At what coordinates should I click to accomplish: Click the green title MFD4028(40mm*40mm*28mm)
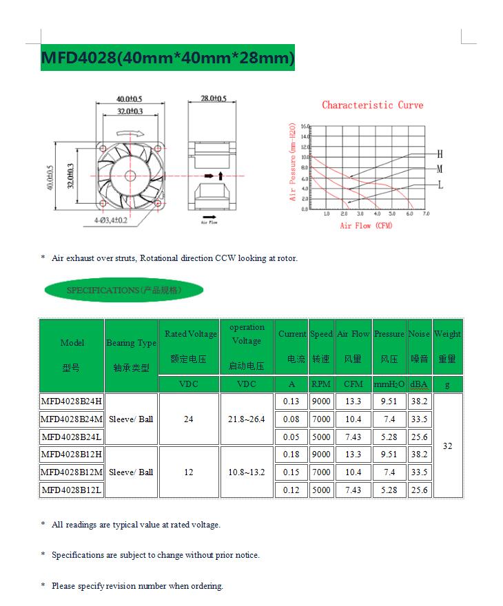tap(168, 58)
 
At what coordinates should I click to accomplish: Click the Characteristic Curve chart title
tap(372, 105)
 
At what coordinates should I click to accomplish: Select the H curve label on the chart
tap(440, 154)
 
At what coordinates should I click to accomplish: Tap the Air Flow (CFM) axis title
tap(366, 226)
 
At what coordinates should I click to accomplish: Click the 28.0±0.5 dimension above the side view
tap(214, 99)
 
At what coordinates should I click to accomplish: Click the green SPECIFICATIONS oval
tap(123, 291)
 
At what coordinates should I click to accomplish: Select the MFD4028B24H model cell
tap(72, 401)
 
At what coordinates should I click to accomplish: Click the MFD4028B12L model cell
tap(72, 490)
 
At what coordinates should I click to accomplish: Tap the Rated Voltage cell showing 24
tap(189, 419)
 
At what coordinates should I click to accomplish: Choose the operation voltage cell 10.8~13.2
tap(247, 472)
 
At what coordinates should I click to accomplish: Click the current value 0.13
tap(291, 401)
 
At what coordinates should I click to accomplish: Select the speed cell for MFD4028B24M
tap(321, 419)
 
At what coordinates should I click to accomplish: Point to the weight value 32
tap(448, 446)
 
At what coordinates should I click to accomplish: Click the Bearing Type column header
tap(131, 343)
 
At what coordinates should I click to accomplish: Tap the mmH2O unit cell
tap(389, 384)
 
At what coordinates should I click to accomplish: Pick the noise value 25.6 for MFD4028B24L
tap(419, 437)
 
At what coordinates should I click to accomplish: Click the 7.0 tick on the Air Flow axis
tap(426, 214)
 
